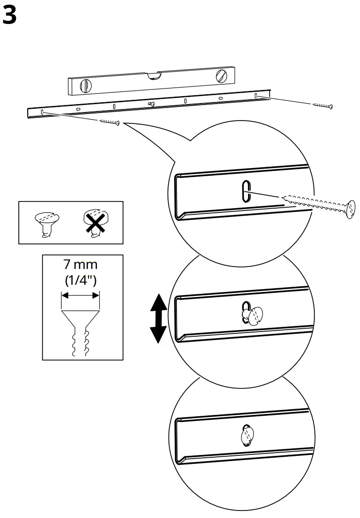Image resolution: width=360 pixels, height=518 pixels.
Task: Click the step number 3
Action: [x=10, y=16]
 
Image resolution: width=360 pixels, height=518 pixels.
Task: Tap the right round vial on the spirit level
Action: [x=221, y=76]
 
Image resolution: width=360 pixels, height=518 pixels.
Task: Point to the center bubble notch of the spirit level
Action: [x=154, y=75]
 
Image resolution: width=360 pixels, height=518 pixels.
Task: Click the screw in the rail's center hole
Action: [x=150, y=104]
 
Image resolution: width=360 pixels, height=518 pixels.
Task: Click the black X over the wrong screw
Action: [x=95, y=223]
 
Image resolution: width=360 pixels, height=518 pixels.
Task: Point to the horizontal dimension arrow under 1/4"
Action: [x=80, y=295]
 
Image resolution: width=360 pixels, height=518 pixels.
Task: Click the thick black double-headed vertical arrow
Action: [x=158, y=318]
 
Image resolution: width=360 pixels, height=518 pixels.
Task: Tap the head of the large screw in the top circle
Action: [x=350, y=210]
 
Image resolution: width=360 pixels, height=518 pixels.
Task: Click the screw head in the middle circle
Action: [x=253, y=315]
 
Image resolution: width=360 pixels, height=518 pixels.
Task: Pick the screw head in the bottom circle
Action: [x=247, y=436]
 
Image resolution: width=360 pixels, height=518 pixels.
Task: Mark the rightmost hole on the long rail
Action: [x=256, y=96]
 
